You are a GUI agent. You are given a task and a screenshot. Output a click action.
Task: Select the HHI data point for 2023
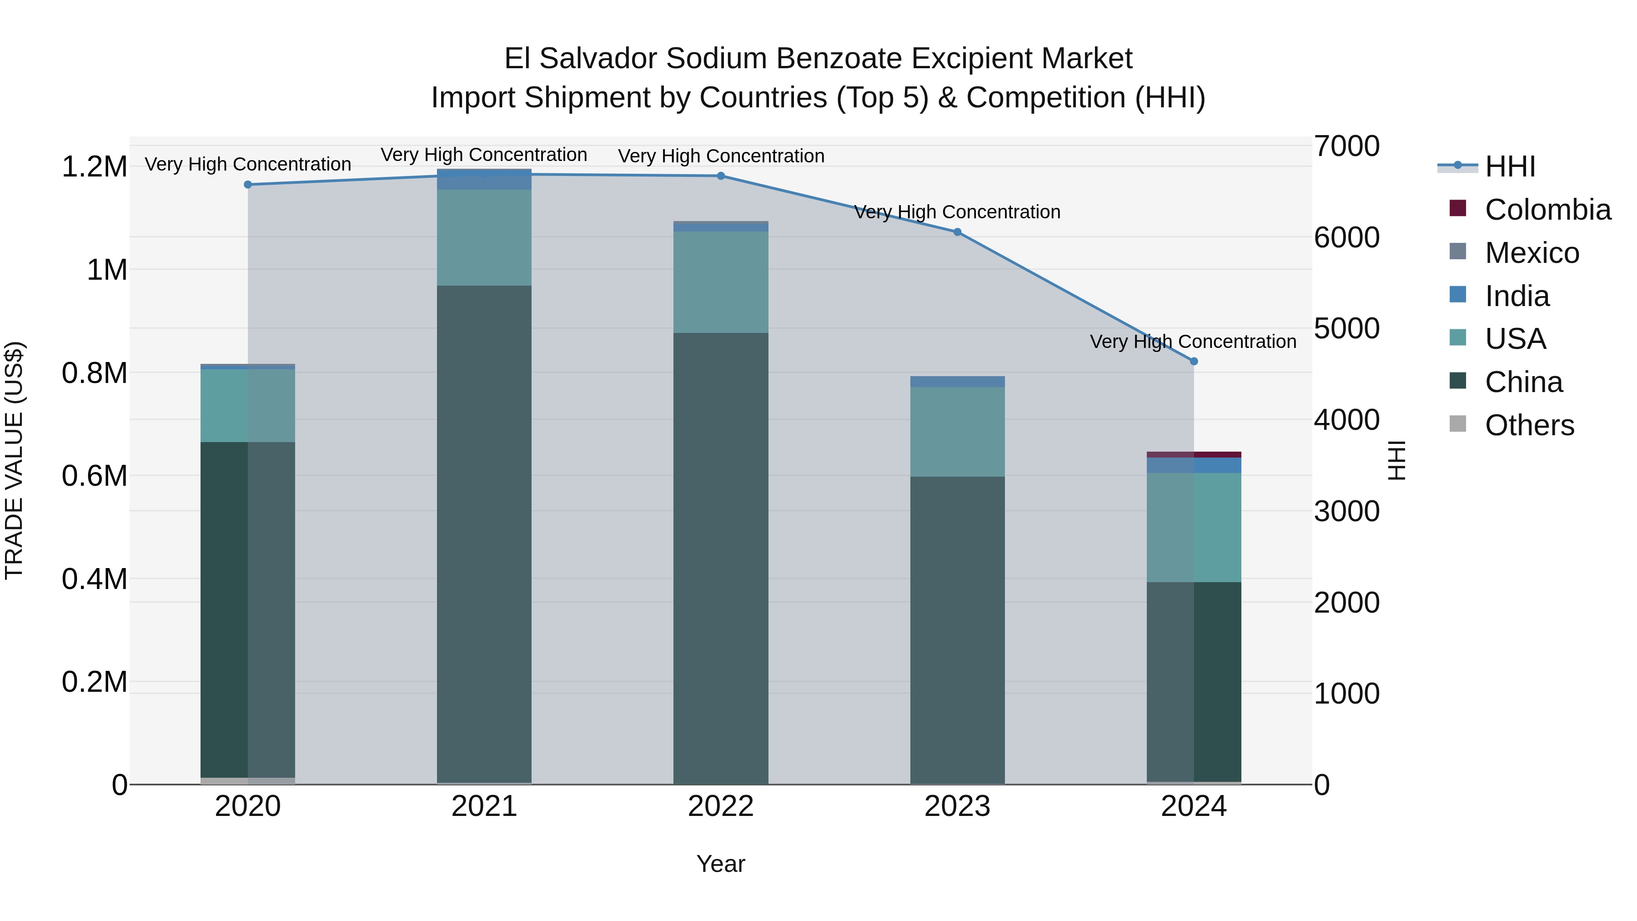point(957,232)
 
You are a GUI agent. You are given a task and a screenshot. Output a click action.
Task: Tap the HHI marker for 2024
point(1194,362)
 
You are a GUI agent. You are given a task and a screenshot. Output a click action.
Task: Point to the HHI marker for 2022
point(721,176)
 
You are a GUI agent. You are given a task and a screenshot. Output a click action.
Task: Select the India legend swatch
point(1458,295)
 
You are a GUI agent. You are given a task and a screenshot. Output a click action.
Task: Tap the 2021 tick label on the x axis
point(484,806)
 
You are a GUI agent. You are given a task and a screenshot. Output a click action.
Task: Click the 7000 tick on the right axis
point(1346,146)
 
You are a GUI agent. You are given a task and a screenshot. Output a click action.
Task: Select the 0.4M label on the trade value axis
point(94,579)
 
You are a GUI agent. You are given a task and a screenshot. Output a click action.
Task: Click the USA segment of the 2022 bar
point(721,282)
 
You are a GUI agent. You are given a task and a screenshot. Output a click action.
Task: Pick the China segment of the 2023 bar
point(957,629)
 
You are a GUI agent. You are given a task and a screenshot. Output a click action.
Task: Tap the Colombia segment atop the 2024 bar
point(1194,454)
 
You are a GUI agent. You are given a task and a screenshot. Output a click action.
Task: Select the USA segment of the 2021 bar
point(484,238)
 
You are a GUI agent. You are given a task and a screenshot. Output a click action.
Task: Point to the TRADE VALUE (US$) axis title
point(14,460)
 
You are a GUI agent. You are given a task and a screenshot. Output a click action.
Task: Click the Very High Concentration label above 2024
point(1193,342)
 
